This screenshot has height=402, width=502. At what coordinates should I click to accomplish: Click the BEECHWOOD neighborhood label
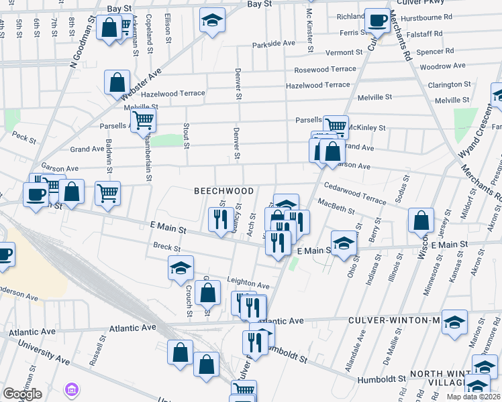[223, 191]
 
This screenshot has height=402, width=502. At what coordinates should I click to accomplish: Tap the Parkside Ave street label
[274, 44]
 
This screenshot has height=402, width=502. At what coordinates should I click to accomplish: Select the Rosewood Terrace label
[325, 70]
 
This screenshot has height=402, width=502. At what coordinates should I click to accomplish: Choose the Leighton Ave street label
[248, 285]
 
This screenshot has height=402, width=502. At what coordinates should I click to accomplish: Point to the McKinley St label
[366, 127]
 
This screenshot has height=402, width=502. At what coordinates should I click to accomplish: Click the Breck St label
[167, 247]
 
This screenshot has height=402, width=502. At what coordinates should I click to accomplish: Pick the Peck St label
[23, 137]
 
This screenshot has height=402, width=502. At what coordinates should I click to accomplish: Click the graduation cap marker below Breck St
[181, 267]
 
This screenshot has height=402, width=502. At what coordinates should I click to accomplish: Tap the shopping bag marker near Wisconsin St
[421, 220]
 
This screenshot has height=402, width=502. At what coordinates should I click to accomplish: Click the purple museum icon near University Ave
[71, 389]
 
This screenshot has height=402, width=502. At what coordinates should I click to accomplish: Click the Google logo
[22, 394]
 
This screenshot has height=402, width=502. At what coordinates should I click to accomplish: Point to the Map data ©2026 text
[474, 397]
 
